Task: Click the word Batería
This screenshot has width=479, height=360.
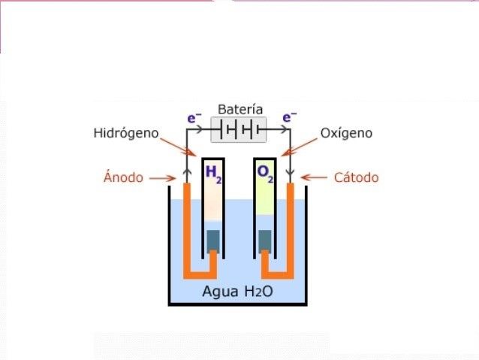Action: tap(240, 109)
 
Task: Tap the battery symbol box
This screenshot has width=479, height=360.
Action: tap(239, 129)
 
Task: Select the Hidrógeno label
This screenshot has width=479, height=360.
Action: tap(126, 133)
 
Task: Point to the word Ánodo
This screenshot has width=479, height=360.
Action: tap(122, 178)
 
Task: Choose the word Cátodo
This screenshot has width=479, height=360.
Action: tap(356, 178)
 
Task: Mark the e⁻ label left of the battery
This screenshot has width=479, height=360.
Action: tap(194, 117)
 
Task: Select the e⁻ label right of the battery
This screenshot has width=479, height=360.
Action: tap(289, 117)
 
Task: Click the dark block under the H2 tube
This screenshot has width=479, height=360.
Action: tap(213, 240)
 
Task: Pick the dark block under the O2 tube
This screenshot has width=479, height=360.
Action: tap(265, 240)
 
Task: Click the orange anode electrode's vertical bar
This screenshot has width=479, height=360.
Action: tap(188, 225)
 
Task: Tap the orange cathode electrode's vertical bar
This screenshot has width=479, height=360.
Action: tap(290, 225)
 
